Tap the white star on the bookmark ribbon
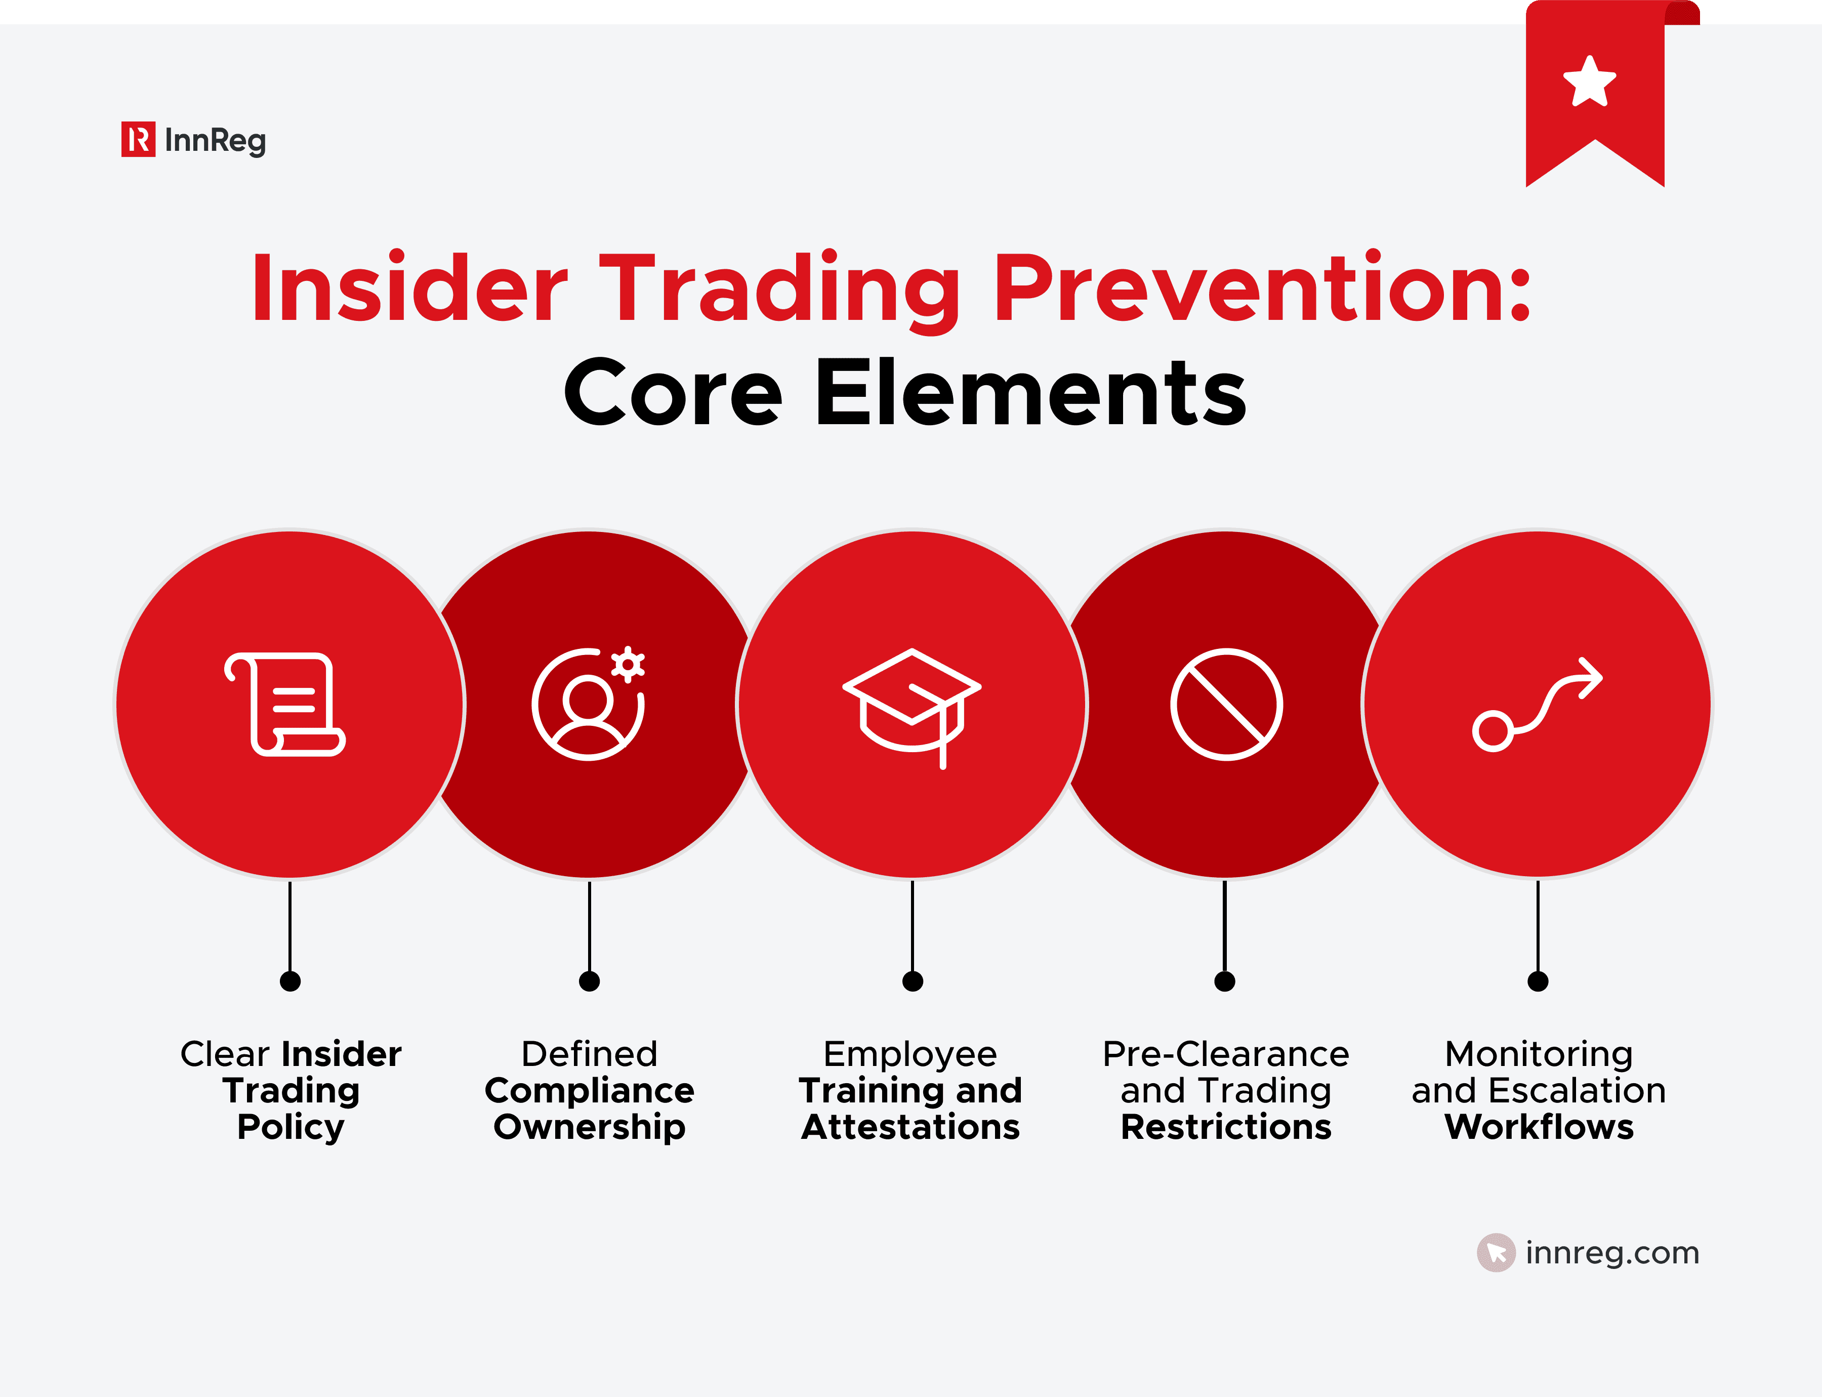[1589, 83]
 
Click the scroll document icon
[285, 705]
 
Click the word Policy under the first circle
[290, 1128]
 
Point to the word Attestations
[910, 1128]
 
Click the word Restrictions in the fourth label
[1226, 1128]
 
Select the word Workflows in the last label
[1539, 1128]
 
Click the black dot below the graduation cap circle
[912, 981]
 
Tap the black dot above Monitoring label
[1538, 981]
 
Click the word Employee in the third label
[910, 1054]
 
